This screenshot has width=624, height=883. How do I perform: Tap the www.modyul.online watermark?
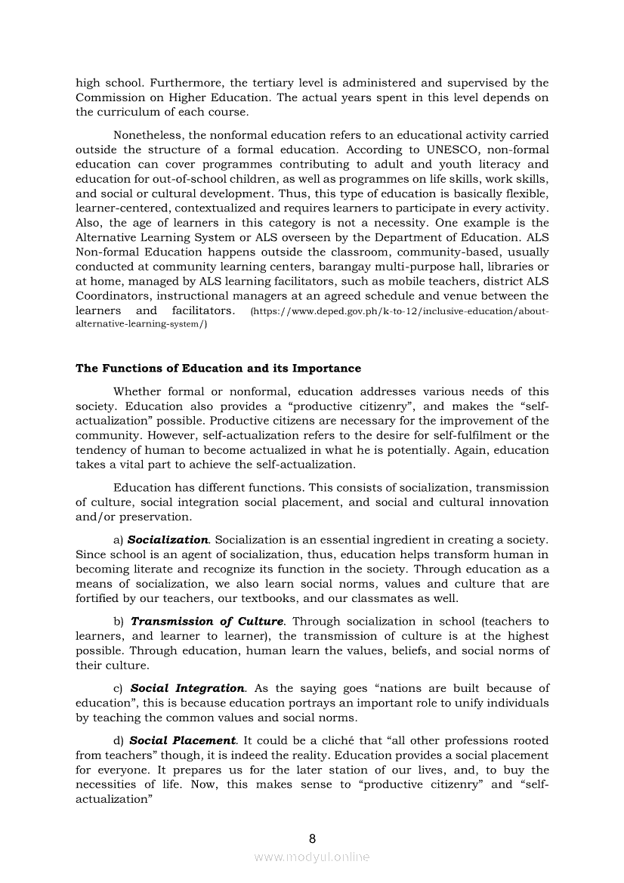(x=312, y=857)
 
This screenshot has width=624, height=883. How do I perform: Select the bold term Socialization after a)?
(x=168, y=540)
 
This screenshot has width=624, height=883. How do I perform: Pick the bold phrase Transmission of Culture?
(x=207, y=621)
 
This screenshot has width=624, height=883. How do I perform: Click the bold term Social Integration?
(x=187, y=688)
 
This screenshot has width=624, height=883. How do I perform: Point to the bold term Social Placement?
(x=187, y=740)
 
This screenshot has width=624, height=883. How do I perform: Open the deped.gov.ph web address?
(x=399, y=311)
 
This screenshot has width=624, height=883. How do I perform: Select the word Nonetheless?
(x=148, y=135)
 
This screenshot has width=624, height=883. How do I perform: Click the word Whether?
(x=137, y=391)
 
